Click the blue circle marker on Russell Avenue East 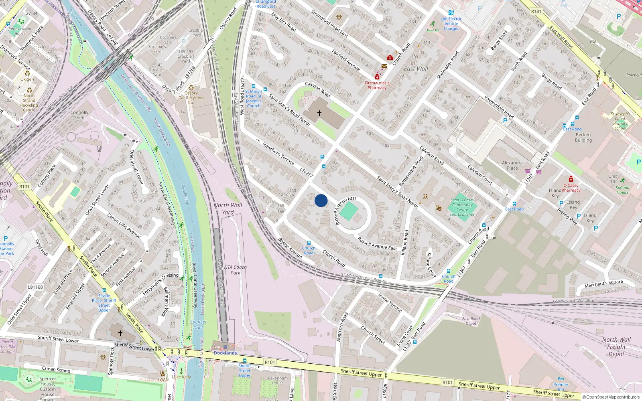(x=321, y=200)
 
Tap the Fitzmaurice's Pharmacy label (x=377, y=85)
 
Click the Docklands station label (x=225, y=353)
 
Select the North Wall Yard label (x=228, y=209)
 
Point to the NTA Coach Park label (x=235, y=270)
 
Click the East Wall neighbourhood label (x=416, y=69)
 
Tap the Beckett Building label (x=583, y=138)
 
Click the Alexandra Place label (x=512, y=165)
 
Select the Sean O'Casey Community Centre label (x=462, y=207)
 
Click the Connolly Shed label (x=79, y=115)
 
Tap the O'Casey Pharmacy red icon (x=571, y=179)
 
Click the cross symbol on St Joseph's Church (x=319, y=113)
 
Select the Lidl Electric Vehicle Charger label (x=451, y=24)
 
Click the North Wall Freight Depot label (x=616, y=346)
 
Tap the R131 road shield (x=536, y=11)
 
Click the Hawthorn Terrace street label (x=278, y=154)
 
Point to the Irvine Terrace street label (x=390, y=302)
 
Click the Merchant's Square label (x=603, y=284)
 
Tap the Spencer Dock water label (x=199, y=324)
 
